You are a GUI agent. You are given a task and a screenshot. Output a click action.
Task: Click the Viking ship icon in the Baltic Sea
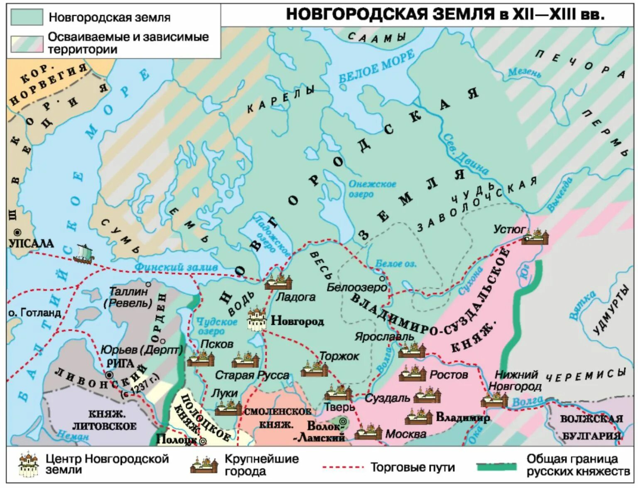click(83, 254)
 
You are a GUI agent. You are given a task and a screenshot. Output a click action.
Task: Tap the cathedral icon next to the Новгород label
click(257, 319)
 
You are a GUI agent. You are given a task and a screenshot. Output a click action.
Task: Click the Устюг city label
click(509, 229)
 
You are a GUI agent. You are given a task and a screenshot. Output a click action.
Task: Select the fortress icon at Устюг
click(535, 237)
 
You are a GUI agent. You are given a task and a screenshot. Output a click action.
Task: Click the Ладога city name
click(296, 297)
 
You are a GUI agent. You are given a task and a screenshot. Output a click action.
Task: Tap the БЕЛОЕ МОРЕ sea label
click(376, 67)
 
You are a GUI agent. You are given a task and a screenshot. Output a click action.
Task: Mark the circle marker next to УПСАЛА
click(17, 232)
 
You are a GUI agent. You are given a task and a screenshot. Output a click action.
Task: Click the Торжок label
click(339, 356)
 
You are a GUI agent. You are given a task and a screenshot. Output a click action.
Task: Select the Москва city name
click(406, 434)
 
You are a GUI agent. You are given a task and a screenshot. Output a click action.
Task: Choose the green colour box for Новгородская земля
click(27, 17)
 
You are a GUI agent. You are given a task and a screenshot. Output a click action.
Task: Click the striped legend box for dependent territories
click(27, 44)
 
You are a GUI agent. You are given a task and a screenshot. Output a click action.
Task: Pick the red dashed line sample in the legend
click(343, 467)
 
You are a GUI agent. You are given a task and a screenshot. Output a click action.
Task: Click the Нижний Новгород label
click(515, 380)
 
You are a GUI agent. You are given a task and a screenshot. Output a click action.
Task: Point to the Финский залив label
click(176, 267)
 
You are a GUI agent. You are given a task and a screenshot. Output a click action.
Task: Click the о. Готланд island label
click(34, 313)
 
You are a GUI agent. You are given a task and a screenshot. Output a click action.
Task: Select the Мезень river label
click(524, 73)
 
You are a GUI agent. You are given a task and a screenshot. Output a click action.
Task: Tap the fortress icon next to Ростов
click(412, 374)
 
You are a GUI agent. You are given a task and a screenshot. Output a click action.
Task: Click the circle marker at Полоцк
click(203, 441)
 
